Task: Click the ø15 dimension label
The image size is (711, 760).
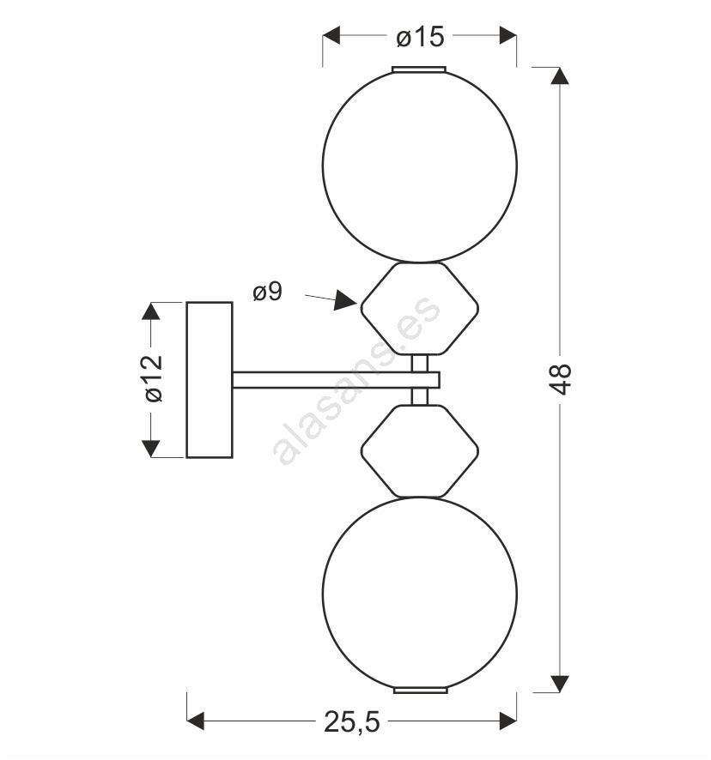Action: [x=420, y=37]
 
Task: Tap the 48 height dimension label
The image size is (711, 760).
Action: [x=561, y=378]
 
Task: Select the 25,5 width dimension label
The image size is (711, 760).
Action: [x=352, y=721]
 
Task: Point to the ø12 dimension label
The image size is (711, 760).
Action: [x=154, y=378]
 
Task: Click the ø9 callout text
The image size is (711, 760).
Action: [x=267, y=292]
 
